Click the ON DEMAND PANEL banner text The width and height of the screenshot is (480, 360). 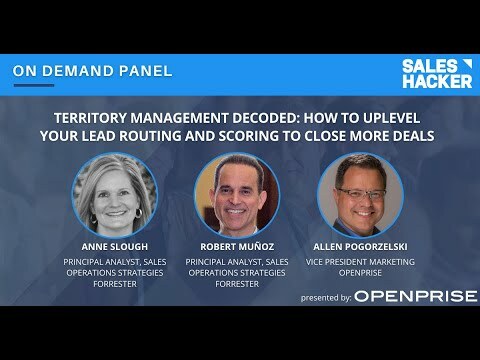[92, 71]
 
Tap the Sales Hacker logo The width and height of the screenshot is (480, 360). [436, 73]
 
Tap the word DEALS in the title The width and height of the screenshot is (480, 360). [410, 134]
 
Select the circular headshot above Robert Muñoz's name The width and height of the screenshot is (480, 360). [237, 194]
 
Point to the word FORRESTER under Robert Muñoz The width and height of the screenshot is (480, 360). [237, 282]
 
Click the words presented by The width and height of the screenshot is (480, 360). [325, 298]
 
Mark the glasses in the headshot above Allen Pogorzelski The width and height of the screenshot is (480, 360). [359, 187]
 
